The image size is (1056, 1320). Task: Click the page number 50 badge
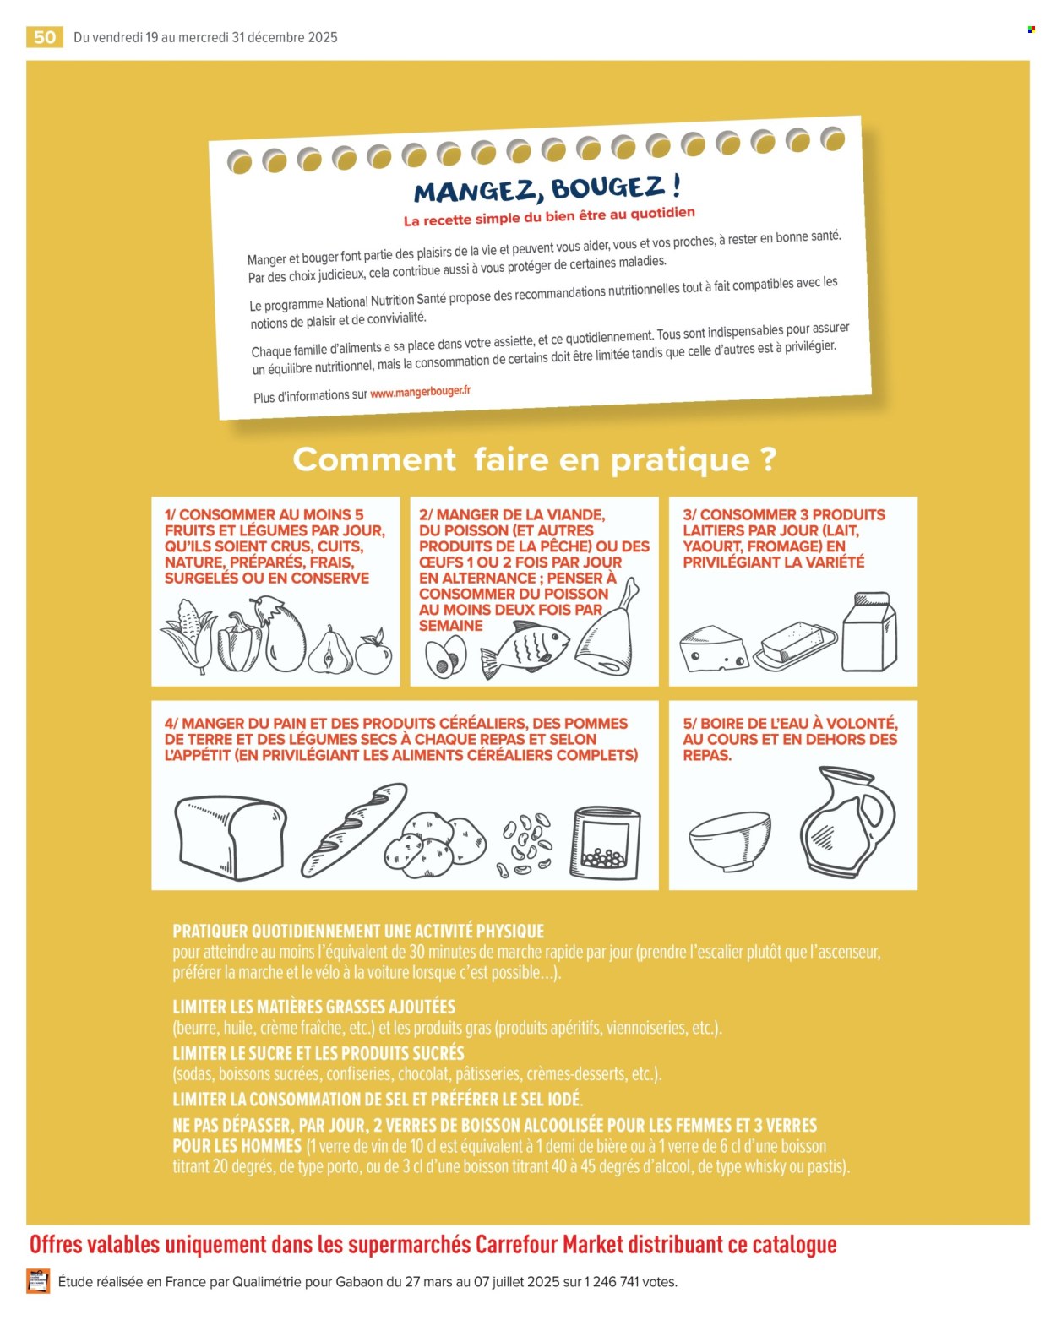coord(45,37)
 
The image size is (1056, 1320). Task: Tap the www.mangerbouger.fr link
coord(420,393)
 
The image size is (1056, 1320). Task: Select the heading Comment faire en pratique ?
coord(534,460)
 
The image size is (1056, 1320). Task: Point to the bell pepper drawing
coord(239,642)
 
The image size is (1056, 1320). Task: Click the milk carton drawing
coord(869,633)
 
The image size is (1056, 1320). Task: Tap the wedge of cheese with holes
coord(713,649)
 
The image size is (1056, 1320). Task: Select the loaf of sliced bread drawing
coord(230,838)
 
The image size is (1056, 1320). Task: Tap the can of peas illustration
coord(606,842)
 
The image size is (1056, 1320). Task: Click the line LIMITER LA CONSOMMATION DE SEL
coord(377,1100)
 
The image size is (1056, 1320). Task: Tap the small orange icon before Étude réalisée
coord(38,1281)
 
